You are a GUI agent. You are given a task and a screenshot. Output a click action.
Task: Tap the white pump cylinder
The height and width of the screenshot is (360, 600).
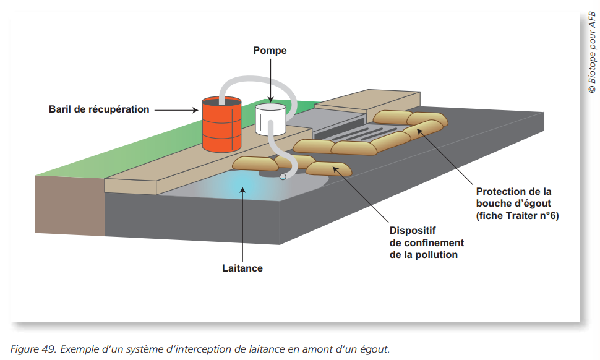(270, 119)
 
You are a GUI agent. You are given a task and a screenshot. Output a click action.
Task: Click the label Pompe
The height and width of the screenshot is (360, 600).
(270, 51)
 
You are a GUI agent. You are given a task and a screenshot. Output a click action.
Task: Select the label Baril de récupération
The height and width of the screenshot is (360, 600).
(99, 109)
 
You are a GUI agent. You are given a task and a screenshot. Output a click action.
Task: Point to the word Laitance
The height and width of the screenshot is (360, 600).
(242, 268)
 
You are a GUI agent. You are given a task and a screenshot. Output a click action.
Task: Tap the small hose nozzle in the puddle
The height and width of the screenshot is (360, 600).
(283, 177)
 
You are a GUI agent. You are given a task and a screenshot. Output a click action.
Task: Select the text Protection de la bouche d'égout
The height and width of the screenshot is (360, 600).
(517, 197)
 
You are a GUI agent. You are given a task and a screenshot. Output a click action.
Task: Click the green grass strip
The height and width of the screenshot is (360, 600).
(124, 155)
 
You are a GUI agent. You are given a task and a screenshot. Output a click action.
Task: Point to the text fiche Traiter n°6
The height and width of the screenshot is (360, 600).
(517, 216)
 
